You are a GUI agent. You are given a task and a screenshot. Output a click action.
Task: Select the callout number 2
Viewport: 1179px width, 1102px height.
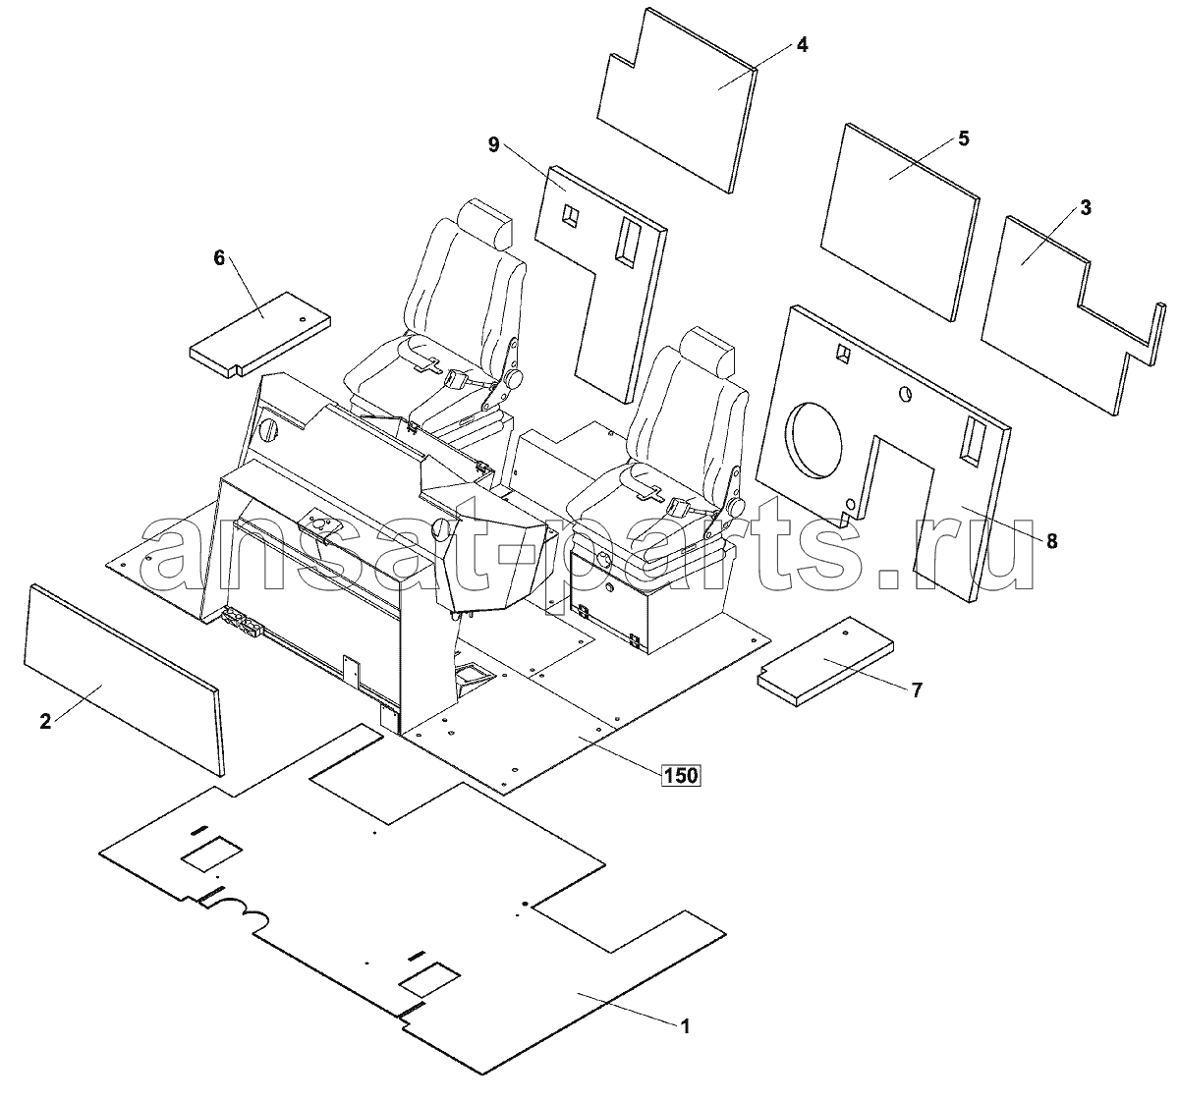45,722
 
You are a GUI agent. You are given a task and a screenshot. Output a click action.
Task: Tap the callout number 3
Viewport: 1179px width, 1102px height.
1085,207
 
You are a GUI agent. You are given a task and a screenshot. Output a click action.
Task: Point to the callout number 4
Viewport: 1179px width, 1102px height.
802,45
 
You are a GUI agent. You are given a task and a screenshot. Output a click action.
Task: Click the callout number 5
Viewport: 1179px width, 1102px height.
963,138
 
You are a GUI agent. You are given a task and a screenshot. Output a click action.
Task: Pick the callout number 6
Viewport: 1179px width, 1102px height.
219,257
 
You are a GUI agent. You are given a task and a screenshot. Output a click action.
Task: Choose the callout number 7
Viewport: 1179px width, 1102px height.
916,690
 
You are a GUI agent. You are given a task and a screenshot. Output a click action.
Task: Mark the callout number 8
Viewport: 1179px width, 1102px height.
1051,541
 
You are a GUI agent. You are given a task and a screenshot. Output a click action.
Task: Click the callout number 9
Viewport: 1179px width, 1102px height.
493,144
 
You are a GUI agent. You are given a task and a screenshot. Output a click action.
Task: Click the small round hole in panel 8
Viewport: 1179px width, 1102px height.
903,395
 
